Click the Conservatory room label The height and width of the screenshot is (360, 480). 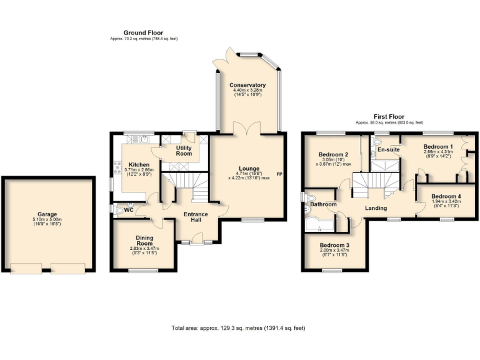[x=247, y=85]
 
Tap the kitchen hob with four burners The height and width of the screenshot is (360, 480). [x=116, y=167]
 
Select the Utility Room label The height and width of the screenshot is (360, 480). [x=184, y=151]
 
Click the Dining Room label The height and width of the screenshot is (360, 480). [x=144, y=240]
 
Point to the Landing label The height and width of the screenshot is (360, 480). [x=376, y=208]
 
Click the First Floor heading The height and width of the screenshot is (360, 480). [x=389, y=117]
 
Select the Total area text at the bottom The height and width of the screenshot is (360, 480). [x=238, y=327]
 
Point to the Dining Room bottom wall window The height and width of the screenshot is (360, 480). [x=143, y=270]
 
